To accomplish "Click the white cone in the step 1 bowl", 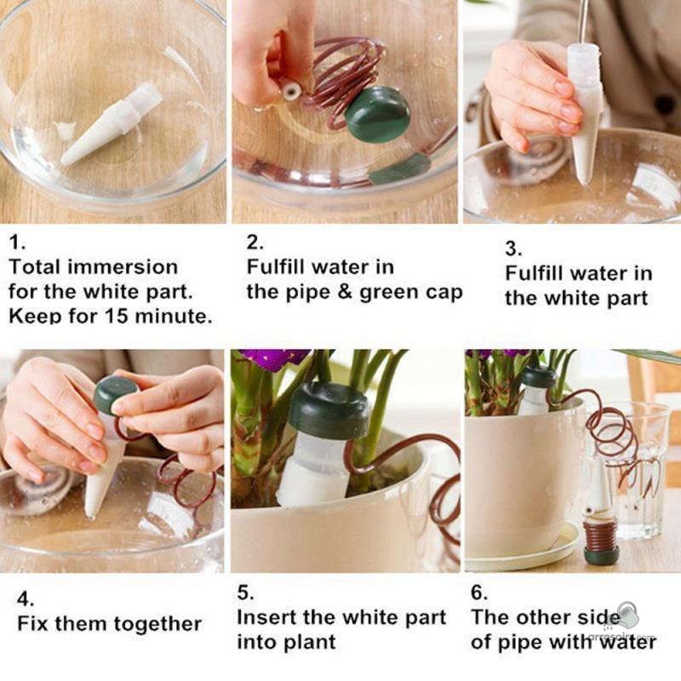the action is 112,123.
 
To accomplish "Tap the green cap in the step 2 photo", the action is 377,114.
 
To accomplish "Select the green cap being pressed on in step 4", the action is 115,395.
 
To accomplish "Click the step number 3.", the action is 514,249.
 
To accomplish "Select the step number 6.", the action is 479,592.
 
